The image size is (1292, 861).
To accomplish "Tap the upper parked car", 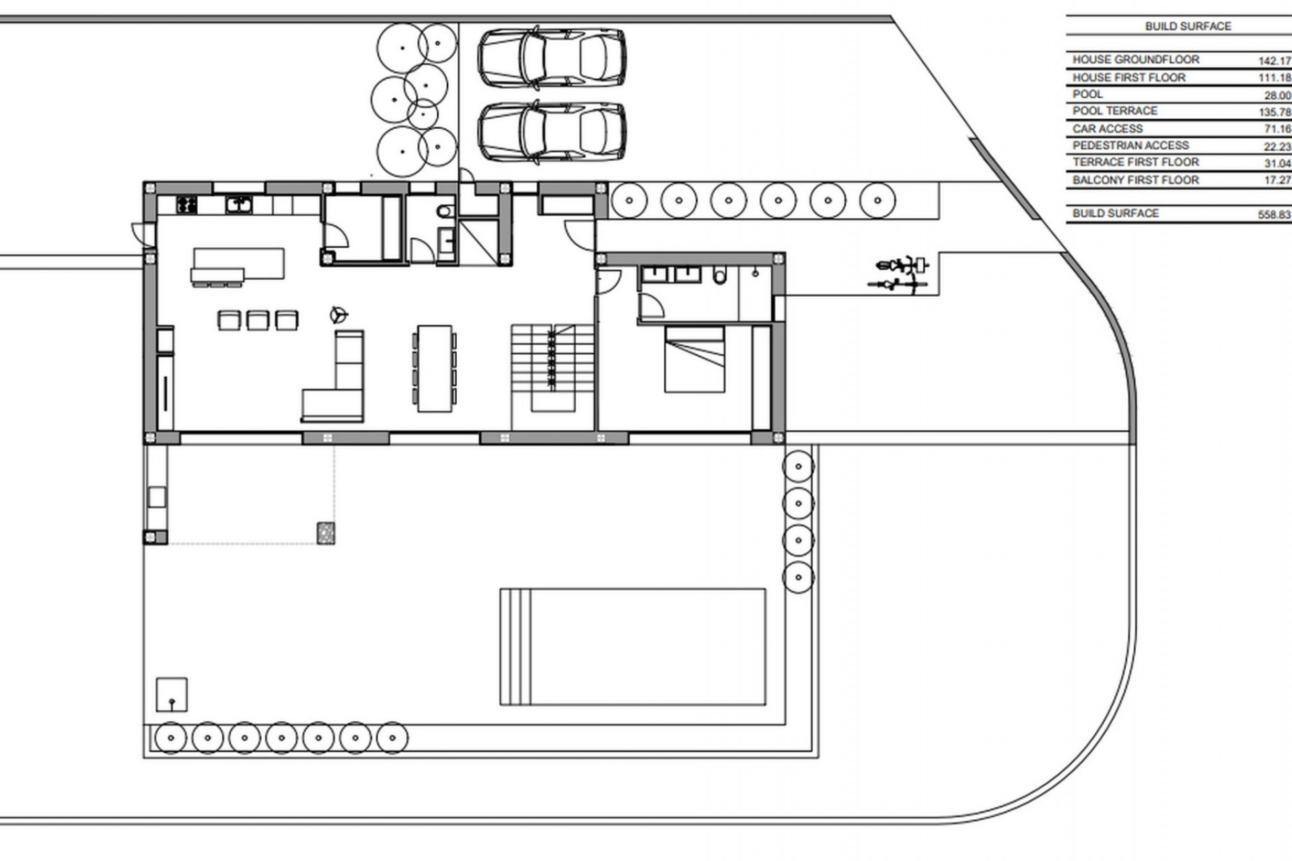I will (552, 57).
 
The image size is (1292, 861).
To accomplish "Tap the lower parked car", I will (552, 131).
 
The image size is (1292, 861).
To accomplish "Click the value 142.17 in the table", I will (1274, 61).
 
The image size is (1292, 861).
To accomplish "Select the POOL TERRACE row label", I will (1115, 111).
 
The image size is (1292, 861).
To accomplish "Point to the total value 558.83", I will (1274, 215).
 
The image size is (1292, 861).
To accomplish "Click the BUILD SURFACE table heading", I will (1188, 26).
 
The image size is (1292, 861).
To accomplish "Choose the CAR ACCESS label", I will (1107, 128).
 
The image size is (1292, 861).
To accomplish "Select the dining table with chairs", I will (435, 369).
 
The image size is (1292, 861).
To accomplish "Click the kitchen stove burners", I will (186, 204).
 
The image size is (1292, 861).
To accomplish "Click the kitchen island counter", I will (239, 264).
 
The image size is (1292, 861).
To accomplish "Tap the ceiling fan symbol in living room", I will (338, 314).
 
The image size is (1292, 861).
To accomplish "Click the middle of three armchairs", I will (258, 320).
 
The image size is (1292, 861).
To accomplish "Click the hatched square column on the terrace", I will (326, 533).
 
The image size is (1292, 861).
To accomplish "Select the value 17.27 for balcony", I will (1274, 181).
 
